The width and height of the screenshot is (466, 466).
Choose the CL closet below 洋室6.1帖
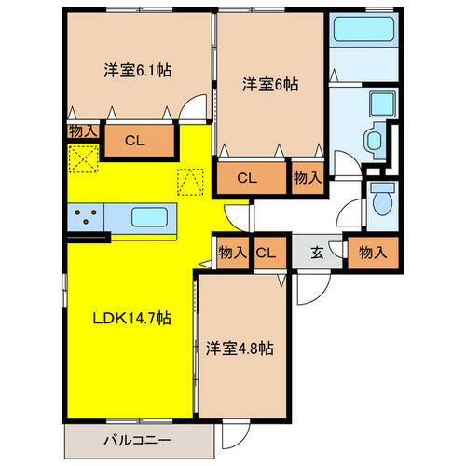point(136,142)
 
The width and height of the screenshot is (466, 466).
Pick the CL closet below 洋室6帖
point(247,177)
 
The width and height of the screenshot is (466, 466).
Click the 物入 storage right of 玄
point(373,251)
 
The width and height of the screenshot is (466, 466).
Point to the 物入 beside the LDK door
point(232,252)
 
